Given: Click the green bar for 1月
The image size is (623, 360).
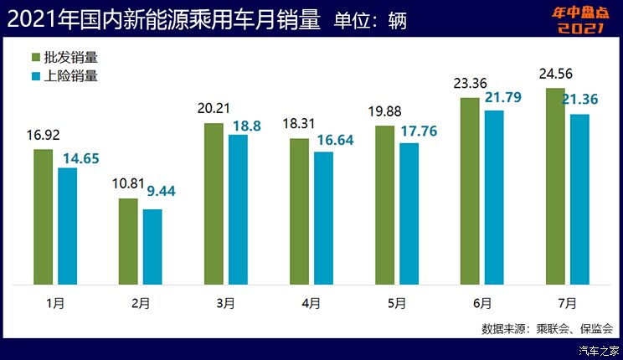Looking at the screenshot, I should click(x=44, y=217).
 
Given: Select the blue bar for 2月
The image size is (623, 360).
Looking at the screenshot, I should click(x=152, y=247).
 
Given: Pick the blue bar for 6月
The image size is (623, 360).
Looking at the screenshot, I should click(x=495, y=198).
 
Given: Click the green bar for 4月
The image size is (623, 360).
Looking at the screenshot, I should click(x=299, y=212).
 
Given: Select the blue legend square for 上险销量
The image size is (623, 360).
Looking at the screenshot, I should click(x=36, y=76).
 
